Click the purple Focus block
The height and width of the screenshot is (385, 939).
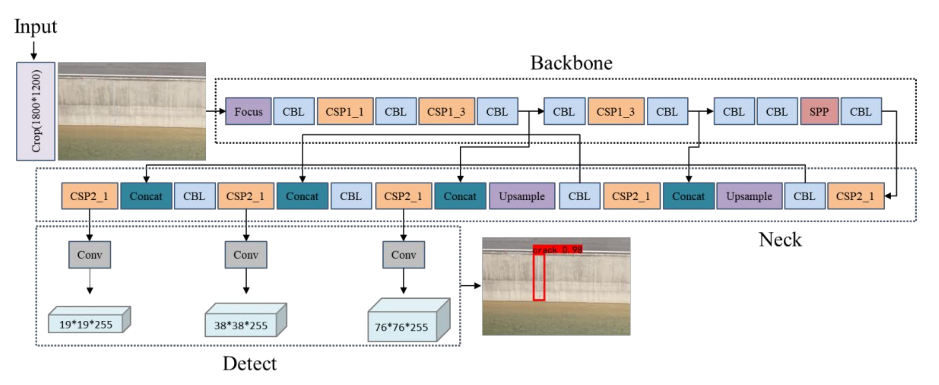pos(248,111)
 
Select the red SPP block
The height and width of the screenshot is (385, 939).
pos(819,111)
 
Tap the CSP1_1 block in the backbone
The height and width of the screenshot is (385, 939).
pos(345,111)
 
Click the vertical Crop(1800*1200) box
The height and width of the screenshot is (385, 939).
pos(36,111)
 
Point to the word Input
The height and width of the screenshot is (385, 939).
pos(35,27)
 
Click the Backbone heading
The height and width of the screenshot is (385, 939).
pos(571,63)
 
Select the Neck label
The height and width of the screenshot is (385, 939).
pos(780,240)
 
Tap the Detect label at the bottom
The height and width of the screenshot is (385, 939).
pos(249,363)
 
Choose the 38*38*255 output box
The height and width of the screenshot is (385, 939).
pos(241,325)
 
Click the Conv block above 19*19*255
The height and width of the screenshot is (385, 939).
pos(90,255)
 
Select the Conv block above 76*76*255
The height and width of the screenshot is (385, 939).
pos(404,255)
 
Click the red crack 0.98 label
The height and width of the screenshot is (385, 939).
pos(557,249)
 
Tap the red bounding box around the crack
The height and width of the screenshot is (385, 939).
pos(539,277)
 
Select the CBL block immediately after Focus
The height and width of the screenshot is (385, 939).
pos(294,111)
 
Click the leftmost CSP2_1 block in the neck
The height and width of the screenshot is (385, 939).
pos(89,196)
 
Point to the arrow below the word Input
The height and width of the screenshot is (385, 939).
pos(34,50)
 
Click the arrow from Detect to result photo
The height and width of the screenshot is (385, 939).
pos(471,286)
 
